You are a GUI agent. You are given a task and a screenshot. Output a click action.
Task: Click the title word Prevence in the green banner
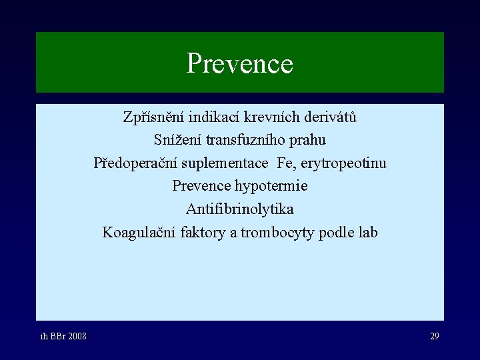click(239, 64)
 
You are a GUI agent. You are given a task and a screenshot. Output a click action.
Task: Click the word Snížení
click(177, 141)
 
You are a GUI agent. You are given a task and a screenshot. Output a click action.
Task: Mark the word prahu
click(309, 141)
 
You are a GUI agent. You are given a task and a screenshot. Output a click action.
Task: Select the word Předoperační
click(133, 163)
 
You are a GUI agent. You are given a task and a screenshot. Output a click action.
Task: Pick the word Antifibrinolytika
click(239, 209)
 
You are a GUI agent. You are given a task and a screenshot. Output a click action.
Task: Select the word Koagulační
click(139, 233)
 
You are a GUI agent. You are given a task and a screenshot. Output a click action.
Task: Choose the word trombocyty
click(274, 233)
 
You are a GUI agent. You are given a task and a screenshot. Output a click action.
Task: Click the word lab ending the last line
click(367, 233)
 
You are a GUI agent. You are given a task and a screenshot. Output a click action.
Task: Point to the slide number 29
click(434, 336)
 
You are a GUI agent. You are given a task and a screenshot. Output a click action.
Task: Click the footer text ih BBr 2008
click(63, 336)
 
